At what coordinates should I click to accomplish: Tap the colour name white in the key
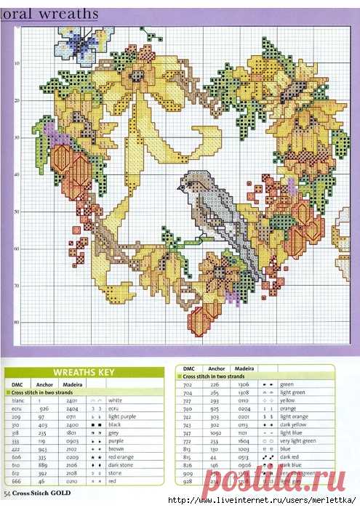(114, 400)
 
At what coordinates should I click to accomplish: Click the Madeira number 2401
(71, 400)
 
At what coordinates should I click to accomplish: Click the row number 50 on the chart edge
(15, 211)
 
